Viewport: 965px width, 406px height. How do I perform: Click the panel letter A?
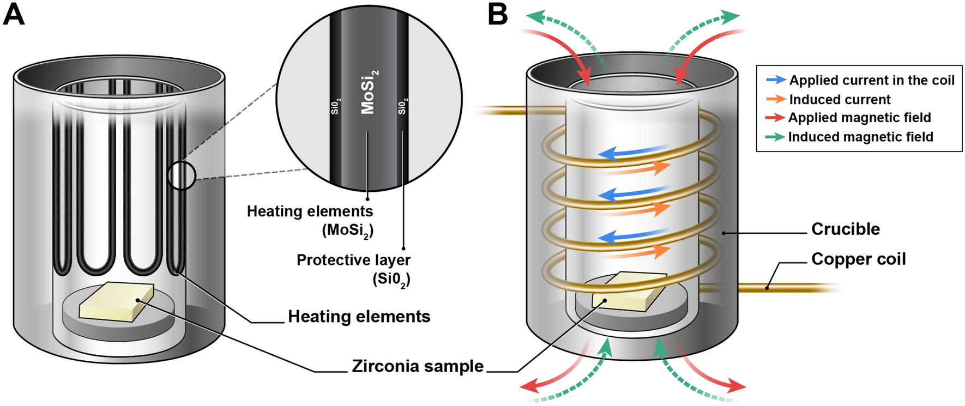tap(14, 14)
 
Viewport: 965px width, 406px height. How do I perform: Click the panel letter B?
tap(497, 14)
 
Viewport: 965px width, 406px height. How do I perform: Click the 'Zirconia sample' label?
tap(418, 366)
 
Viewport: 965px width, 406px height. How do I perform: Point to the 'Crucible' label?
tap(845, 229)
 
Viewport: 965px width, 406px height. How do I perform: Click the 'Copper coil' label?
tap(858, 259)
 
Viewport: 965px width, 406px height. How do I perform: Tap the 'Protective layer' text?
tap(353, 260)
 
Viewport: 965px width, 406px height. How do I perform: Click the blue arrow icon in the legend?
tap(776, 80)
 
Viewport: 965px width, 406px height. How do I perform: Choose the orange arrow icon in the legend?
tap(776, 99)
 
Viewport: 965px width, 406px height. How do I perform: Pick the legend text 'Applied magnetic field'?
tap(859, 118)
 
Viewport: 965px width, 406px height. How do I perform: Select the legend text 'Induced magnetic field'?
tap(860, 137)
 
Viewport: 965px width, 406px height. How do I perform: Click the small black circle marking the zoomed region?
tap(181, 175)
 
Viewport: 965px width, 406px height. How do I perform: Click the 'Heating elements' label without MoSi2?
tap(359, 317)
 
